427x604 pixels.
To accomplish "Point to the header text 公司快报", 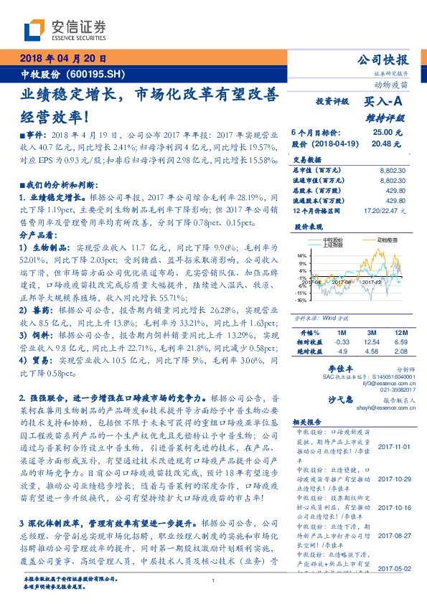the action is (x=383, y=60).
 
